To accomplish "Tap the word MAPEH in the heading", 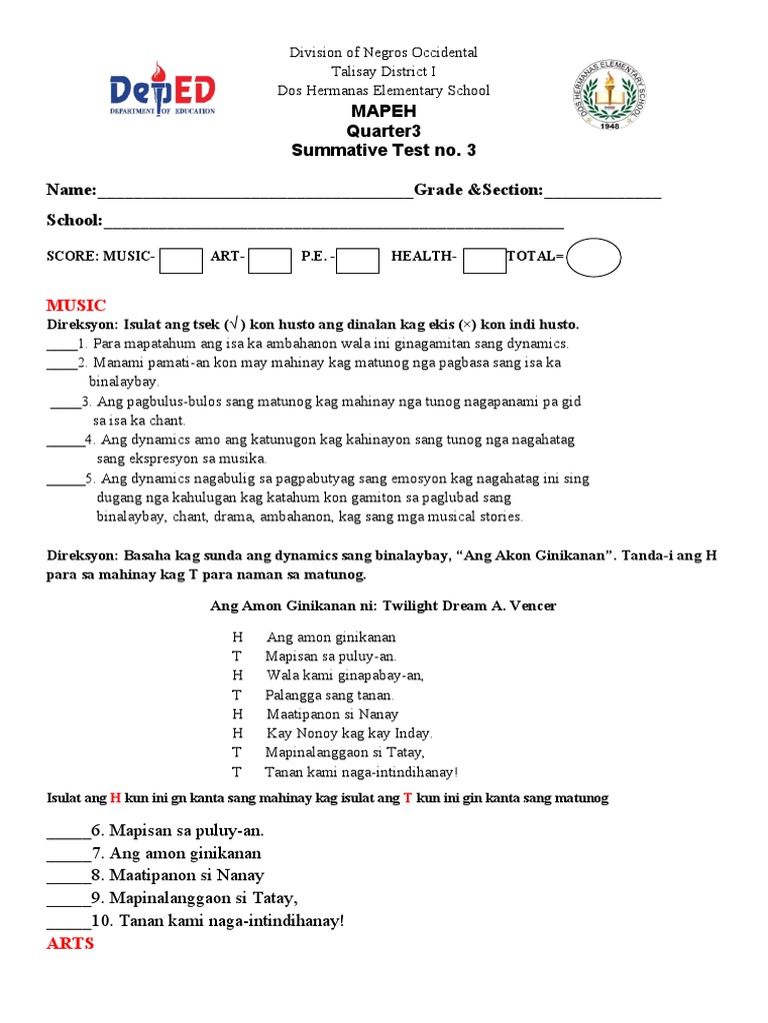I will (383, 111).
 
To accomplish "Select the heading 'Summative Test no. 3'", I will (383, 151).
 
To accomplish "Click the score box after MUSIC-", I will (181, 260).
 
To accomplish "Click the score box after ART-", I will (270, 260).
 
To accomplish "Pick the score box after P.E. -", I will (358, 260).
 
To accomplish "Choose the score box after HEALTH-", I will (484, 260).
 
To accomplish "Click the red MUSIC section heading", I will (76, 305).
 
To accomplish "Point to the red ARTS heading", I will (70, 943).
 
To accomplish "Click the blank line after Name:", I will (255, 193).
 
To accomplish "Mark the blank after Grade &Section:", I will (602, 193).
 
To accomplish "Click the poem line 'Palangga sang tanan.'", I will (330, 695).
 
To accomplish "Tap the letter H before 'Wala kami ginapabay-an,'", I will (237, 675).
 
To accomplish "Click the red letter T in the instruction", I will (408, 798).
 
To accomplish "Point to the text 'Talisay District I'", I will (383, 71).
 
